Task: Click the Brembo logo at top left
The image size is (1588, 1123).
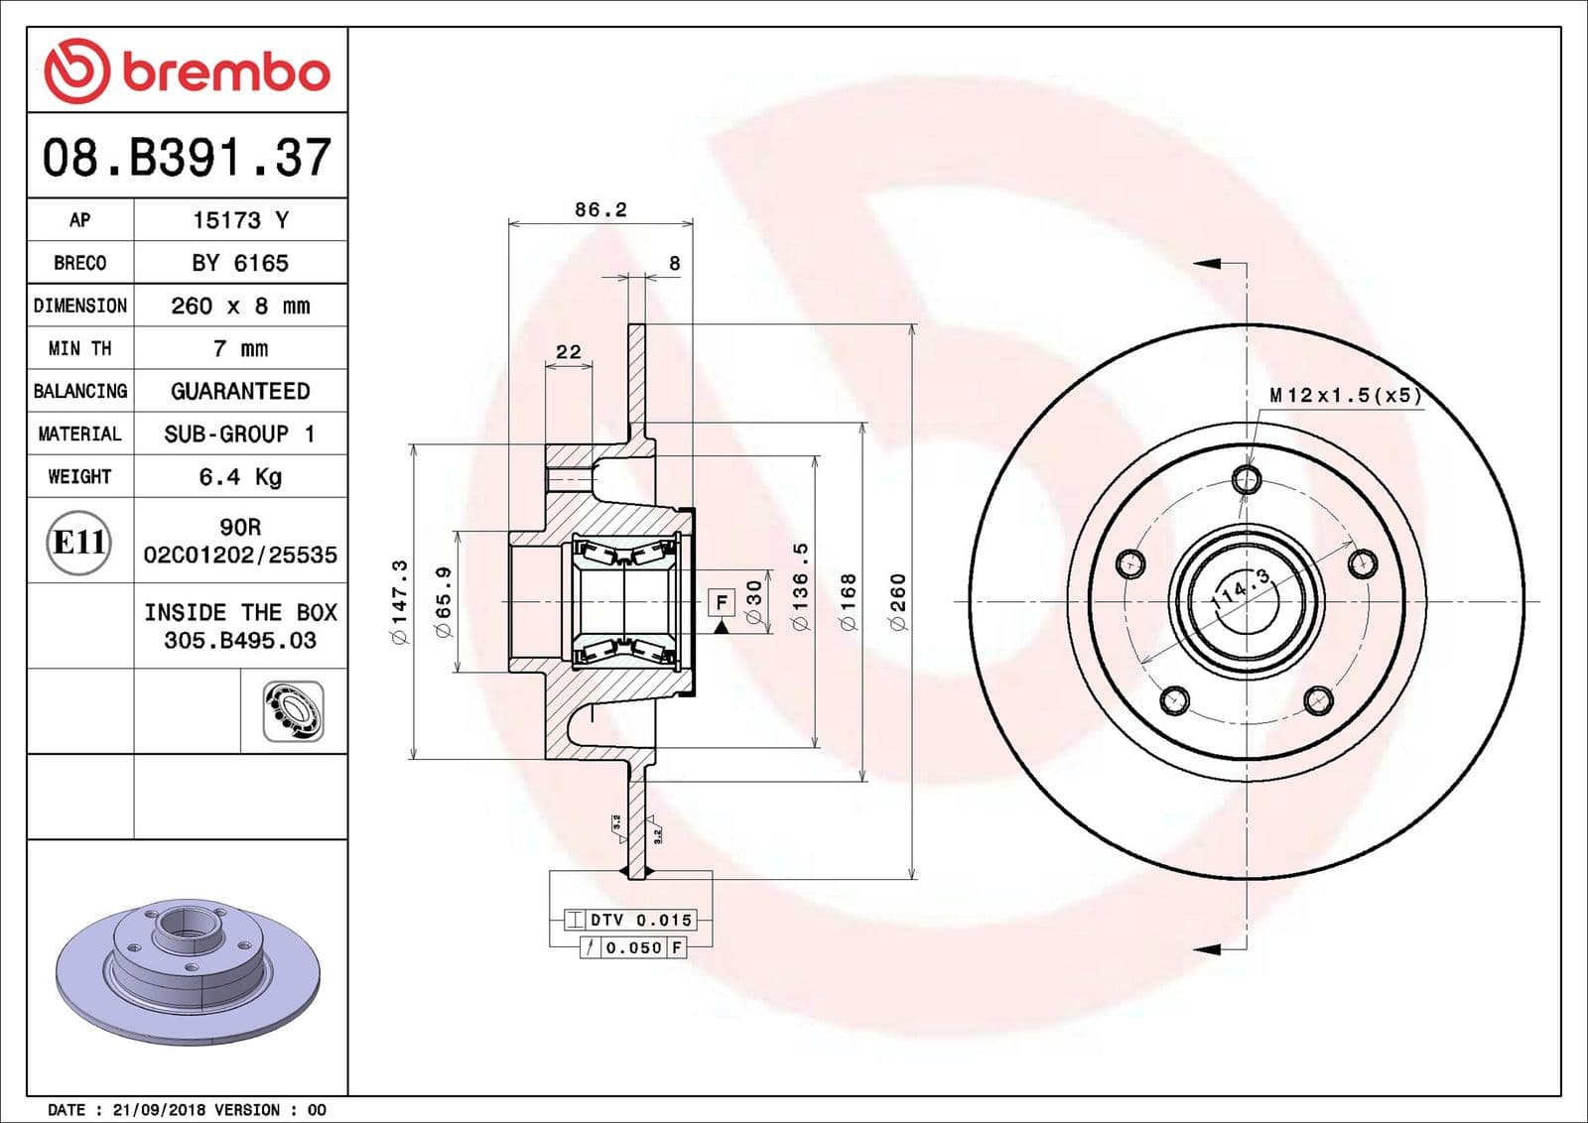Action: point(187,71)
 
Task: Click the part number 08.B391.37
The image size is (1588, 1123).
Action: point(187,157)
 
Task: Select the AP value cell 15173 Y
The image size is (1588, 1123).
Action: point(240,220)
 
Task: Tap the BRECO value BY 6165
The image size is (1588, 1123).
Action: point(240,263)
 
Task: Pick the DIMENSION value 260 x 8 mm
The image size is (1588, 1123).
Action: point(240,306)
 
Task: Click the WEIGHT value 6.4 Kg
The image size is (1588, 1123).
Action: point(240,477)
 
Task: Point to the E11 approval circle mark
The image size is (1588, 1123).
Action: point(79,542)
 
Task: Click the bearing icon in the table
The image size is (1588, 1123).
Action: point(293,711)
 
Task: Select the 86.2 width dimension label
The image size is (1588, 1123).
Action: point(600,209)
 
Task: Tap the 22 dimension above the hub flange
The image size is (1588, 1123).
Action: point(569,351)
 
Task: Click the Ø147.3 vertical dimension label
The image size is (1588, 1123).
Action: point(399,601)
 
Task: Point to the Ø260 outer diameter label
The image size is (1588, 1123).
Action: point(897,601)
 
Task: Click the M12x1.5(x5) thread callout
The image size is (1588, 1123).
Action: point(1345,395)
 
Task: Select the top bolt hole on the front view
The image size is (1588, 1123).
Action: point(1247,480)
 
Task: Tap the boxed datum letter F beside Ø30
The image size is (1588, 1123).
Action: point(722,602)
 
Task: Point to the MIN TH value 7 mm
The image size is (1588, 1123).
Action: point(240,348)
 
